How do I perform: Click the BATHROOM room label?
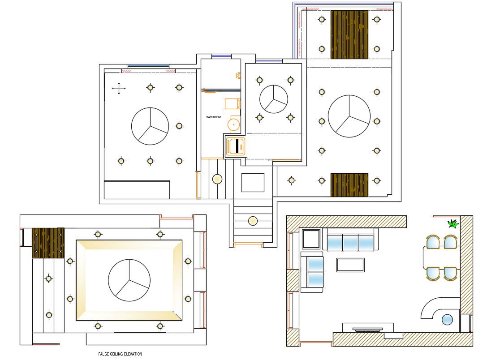pos(213,117)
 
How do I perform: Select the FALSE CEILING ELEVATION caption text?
pos(120,354)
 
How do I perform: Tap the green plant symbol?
pos(453,224)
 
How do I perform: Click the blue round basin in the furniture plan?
pos(447,320)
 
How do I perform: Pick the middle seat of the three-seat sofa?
pos(350,243)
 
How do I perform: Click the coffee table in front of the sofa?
pos(350,265)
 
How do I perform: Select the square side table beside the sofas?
pos(311,239)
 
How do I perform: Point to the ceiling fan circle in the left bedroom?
pos(150,126)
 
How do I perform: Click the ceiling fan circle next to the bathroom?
pos(273,99)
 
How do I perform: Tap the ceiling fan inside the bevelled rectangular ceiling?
pos(129,280)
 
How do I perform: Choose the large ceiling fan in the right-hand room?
pos(349,116)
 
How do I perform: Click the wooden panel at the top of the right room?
pos(349,34)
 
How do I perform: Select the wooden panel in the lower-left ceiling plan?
pos(48,243)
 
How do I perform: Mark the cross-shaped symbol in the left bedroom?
pos(119,89)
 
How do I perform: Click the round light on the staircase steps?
pos(253,221)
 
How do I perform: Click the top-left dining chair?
pos(433,242)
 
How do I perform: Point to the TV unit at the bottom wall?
pos(368,329)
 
